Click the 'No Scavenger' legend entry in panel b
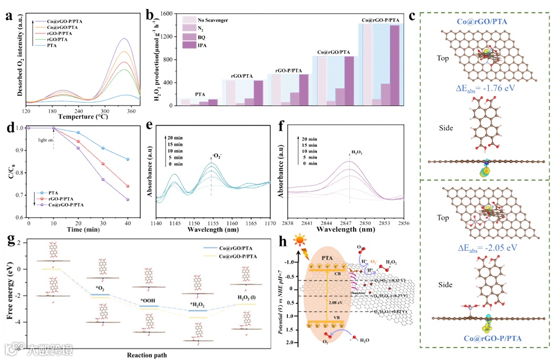point(214,20)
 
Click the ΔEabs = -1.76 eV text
point(478,88)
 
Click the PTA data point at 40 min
point(127,159)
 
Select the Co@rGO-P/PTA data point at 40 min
point(127,200)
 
